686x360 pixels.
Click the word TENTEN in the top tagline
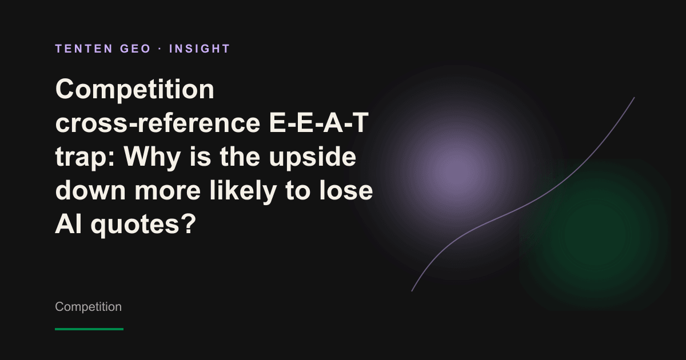(x=84, y=49)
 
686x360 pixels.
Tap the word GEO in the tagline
(x=135, y=49)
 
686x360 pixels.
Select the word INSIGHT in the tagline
(x=200, y=49)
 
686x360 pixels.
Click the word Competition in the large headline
(x=135, y=90)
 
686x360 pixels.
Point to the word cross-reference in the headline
(x=158, y=123)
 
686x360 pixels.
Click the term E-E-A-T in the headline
(x=318, y=122)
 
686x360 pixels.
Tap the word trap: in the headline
(x=85, y=157)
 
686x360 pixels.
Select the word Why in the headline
(x=152, y=157)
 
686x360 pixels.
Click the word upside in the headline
(x=313, y=157)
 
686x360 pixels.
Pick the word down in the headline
(x=90, y=190)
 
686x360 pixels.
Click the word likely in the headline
(x=243, y=191)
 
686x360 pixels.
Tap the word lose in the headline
(x=346, y=190)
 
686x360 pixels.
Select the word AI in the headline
(x=68, y=224)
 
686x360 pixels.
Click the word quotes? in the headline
(x=143, y=225)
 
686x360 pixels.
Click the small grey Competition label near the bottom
(x=88, y=307)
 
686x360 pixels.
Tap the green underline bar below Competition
(x=89, y=329)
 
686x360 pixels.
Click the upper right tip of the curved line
(x=634, y=98)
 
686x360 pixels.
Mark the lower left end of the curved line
(x=412, y=291)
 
